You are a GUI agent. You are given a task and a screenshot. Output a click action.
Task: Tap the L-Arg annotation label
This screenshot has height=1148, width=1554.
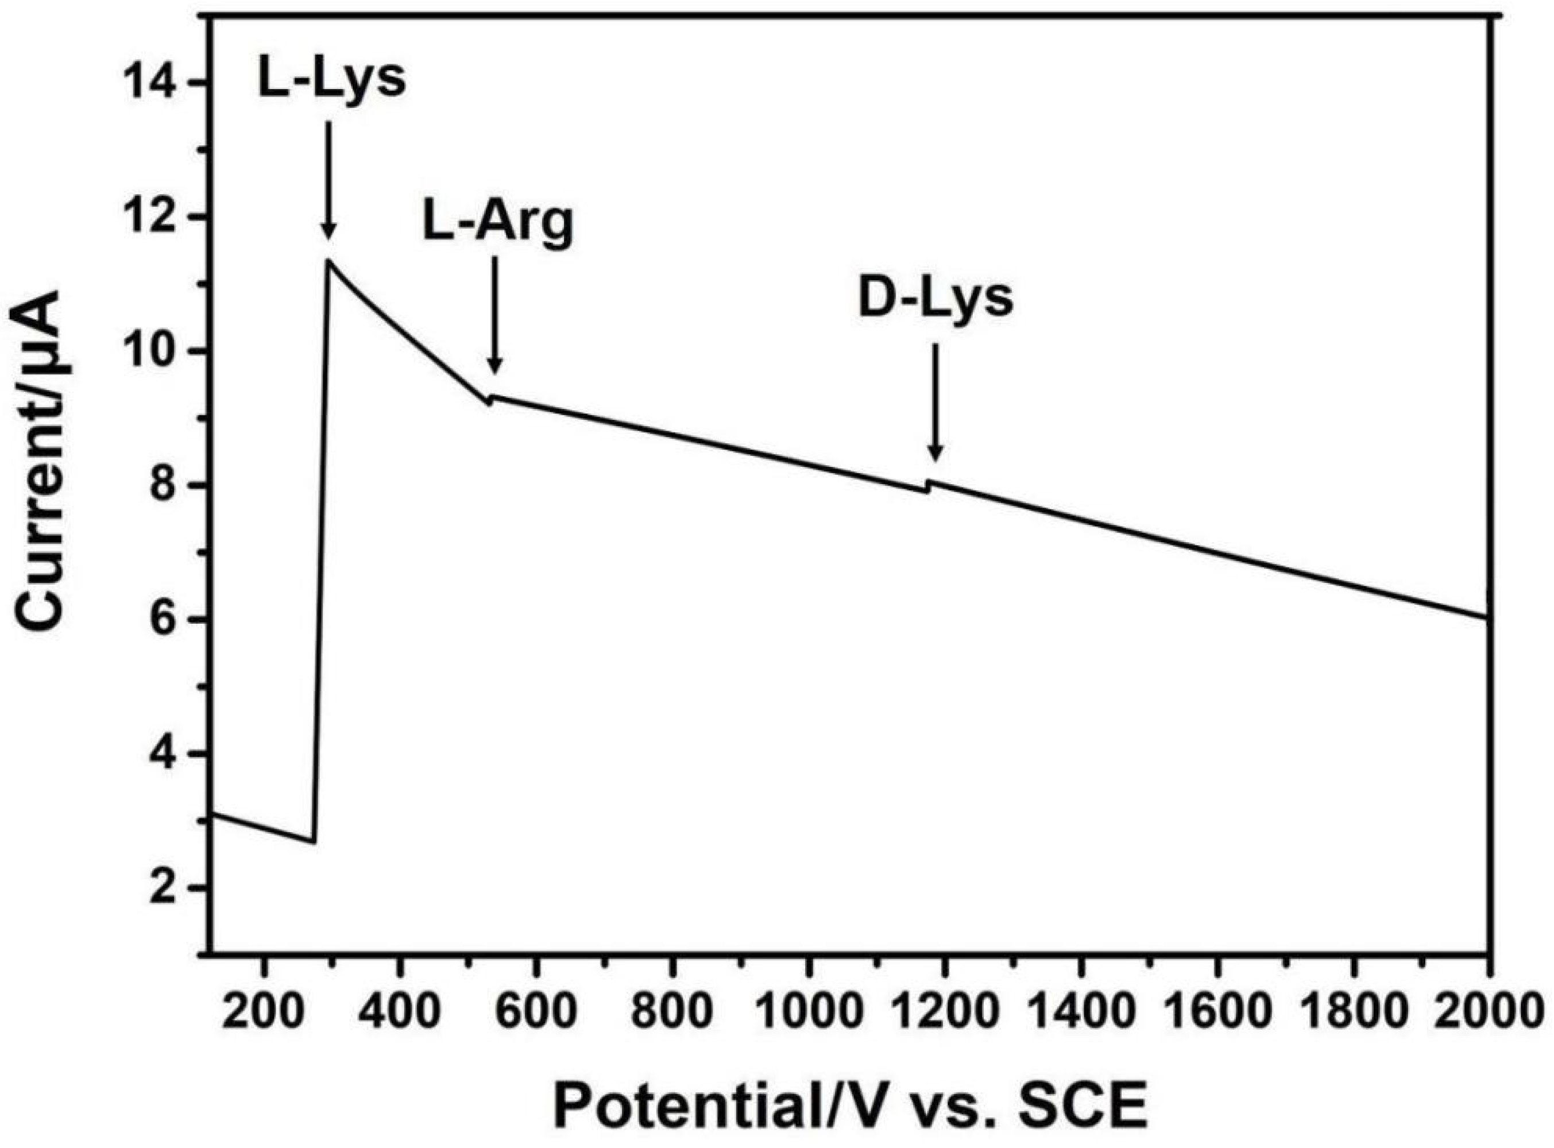[498, 225]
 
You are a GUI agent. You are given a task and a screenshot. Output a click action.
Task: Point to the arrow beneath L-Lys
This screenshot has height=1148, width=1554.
[328, 181]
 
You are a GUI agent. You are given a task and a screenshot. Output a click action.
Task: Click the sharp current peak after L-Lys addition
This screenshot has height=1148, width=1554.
[328, 261]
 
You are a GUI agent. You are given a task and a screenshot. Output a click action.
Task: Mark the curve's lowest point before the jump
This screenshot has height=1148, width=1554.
[313, 842]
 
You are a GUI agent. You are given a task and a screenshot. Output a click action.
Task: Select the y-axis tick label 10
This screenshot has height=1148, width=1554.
[159, 351]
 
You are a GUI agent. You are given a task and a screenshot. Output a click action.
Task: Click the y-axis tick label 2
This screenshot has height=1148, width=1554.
[170, 887]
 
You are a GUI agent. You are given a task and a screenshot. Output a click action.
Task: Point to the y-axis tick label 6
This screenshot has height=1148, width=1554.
[170, 619]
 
